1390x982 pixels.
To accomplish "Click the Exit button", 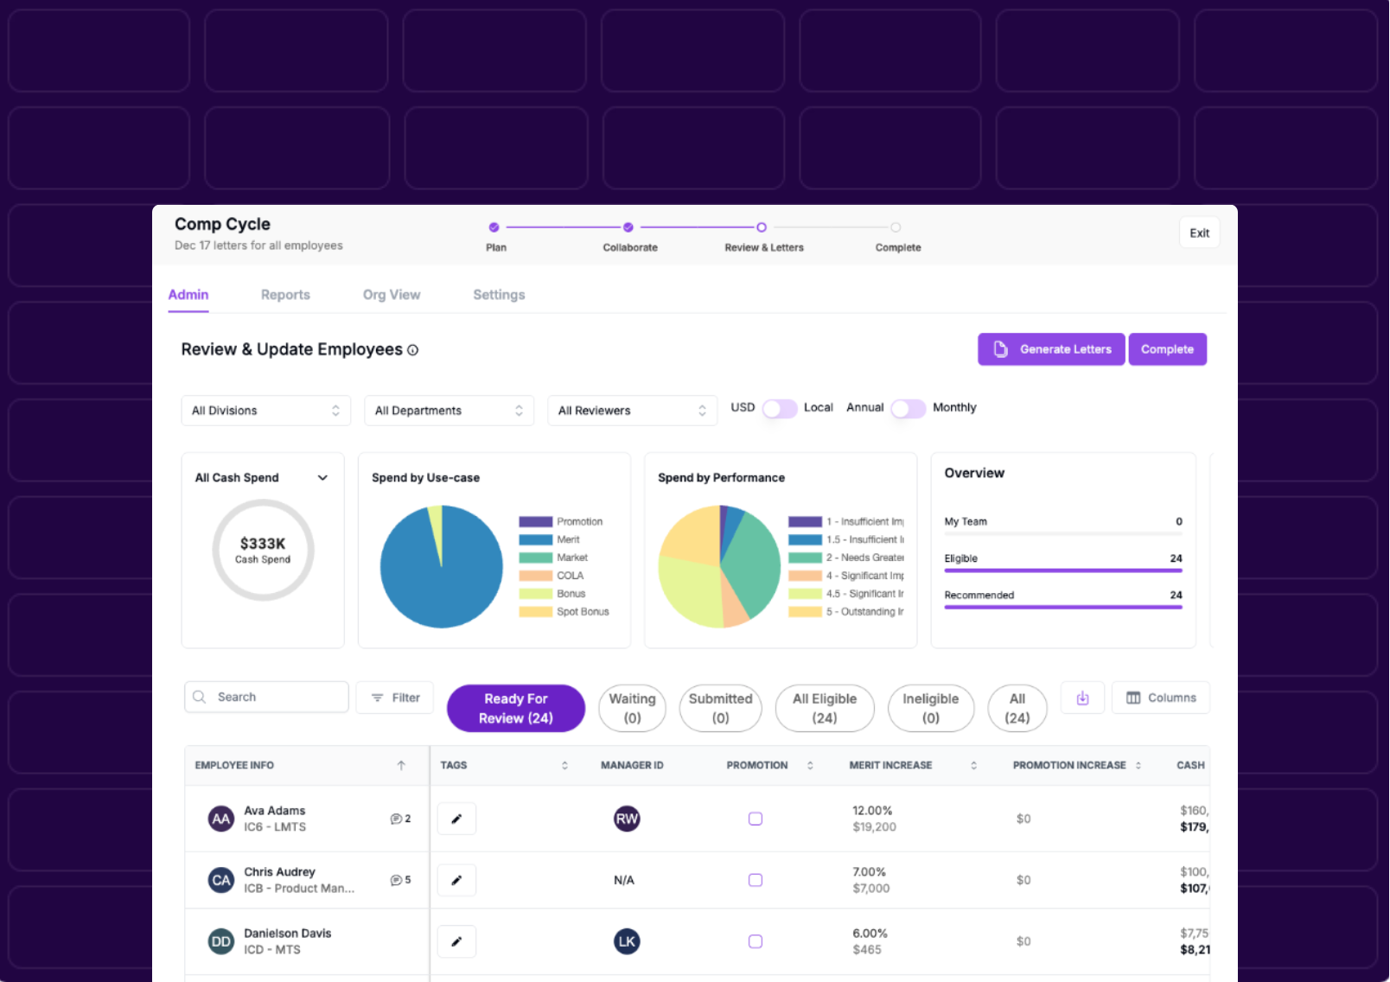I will coord(1199,233).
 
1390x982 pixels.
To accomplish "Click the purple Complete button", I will coord(1166,349).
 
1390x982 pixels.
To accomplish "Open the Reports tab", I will coord(285,295).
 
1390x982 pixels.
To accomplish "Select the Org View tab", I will coord(391,295).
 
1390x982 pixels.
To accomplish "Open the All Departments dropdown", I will coord(449,411).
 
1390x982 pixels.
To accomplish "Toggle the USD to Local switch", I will coord(779,408).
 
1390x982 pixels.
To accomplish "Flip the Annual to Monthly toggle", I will coord(908,408).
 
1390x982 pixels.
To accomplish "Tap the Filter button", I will coord(395,698).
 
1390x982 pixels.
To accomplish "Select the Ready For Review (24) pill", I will coord(515,708).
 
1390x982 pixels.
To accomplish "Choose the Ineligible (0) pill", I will coord(930,708).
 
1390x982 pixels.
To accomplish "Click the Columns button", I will coord(1160,698).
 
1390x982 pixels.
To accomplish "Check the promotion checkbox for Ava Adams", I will coord(756,819).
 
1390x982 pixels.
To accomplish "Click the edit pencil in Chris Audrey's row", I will coord(456,880).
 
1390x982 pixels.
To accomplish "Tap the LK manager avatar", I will coord(627,941).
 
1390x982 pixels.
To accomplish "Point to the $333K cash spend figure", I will coord(263,544).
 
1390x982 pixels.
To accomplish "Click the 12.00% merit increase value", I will coord(871,811).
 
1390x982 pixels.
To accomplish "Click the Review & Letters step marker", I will coord(761,227).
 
